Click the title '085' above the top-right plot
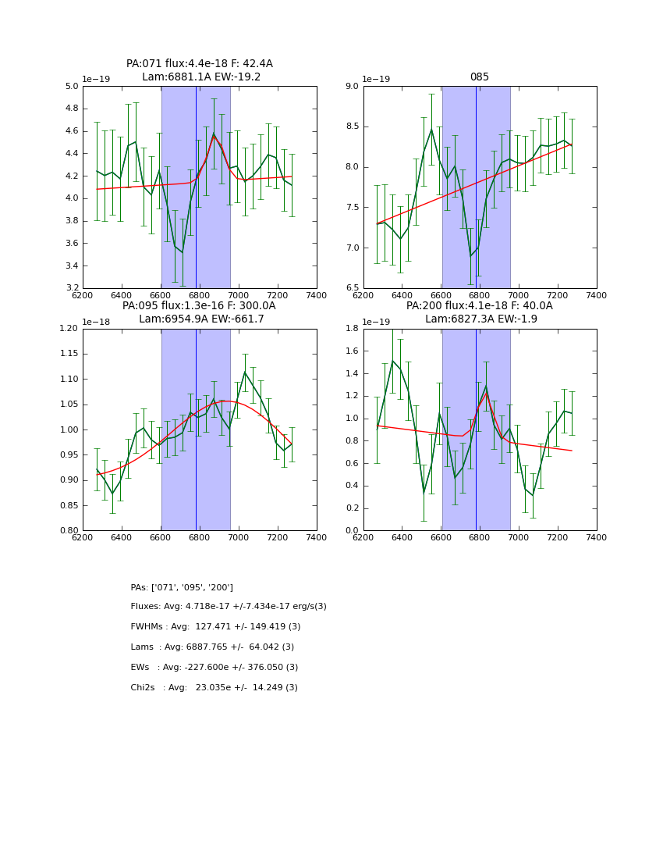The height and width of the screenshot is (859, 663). click(480, 77)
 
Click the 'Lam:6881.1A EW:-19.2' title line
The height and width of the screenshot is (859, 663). click(201, 77)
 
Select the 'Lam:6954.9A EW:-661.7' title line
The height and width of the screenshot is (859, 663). click(201, 319)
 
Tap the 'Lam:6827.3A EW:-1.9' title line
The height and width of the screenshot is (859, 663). click(480, 319)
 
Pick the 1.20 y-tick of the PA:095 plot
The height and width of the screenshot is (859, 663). click(70, 329)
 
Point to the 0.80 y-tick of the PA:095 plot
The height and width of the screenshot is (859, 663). click(70, 531)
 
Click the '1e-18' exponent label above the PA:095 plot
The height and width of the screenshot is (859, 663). click(96, 322)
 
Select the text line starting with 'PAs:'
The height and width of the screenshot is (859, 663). click(182, 587)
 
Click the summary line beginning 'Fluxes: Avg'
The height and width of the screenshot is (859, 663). click(229, 607)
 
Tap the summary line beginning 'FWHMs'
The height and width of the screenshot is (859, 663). click(215, 627)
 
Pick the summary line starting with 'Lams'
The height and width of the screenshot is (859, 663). click(212, 647)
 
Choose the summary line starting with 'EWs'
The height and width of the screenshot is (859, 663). click(214, 668)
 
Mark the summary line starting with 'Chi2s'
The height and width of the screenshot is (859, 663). click(214, 688)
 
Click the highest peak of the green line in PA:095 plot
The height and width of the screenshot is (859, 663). click(245, 372)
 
